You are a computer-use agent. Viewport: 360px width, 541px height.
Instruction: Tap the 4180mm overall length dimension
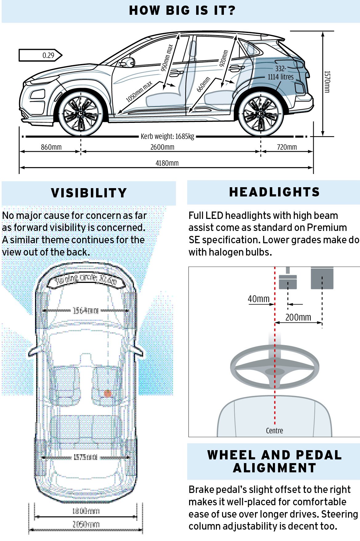coord(167,163)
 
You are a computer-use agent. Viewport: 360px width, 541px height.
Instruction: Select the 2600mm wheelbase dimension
coord(162,147)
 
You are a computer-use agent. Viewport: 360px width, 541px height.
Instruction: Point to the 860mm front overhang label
coord(51,147)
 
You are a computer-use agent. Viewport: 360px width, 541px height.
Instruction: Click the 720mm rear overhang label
coord(287,147)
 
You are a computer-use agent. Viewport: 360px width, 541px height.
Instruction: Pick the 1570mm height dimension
coord(327,82)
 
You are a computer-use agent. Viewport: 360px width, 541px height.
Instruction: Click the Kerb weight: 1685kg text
coord(167,136)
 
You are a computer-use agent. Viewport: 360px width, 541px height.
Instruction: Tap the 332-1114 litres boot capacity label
coord(281,73)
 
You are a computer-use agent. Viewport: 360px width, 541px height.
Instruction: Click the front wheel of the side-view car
coord(81,113)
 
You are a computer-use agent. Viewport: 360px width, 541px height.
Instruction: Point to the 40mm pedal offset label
coord(258,299)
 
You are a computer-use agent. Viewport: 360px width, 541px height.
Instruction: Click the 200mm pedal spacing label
coord(298,317)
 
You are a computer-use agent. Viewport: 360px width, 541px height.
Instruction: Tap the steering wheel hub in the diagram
coord(275,372)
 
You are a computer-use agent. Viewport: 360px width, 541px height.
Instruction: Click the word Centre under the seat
coord(274,430)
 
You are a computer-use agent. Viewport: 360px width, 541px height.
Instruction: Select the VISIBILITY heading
coord(89,193)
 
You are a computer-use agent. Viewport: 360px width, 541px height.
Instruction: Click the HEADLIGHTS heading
coord(274,192)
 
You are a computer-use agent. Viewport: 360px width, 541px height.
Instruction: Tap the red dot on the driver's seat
coord(107,393)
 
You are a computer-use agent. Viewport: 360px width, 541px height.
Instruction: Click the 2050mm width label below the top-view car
coord(86,524)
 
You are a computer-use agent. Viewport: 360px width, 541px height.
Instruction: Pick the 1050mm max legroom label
coord(139,92)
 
